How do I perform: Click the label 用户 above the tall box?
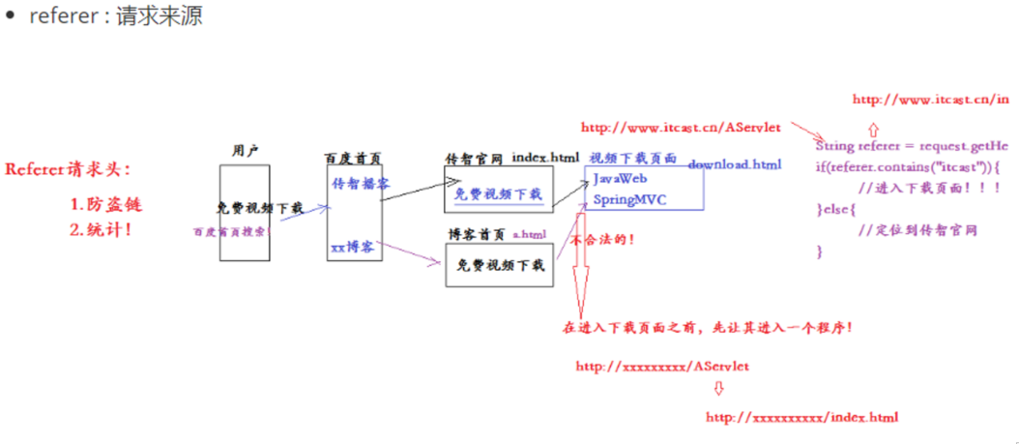pyautogui.click(x=246, y=151)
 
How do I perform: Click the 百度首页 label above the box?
pyautogui.click(x=352, y=157)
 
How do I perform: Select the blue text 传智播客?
pyautogui.click(x=361, y=183)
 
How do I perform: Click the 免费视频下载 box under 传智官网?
pyautogui.click(x=498, y=193)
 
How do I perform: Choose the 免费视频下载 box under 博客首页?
pyautogui.click(x=499, y=265)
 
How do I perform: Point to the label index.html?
pyautogui.click(x=545, y=157)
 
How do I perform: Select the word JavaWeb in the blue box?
pyautogui.click(x=620, y=179)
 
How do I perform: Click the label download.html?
pyautogui.click(x=734, y=164)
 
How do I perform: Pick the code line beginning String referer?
pyautogui.click(x=912, y=146)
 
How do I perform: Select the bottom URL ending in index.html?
pyautogui.click(x=801, y=417)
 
